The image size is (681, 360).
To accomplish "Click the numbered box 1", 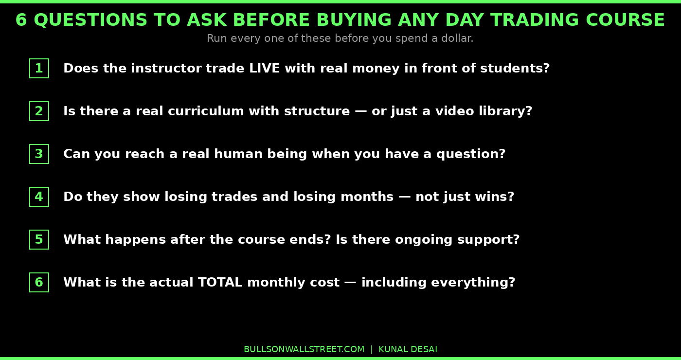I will (x=39, y=69).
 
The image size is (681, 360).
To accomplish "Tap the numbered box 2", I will (x=39, y=111).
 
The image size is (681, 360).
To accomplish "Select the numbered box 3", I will (x=39, y=154).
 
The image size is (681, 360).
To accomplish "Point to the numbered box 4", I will (x=39, y=197).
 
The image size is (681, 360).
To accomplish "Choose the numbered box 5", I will (x=39, y=240).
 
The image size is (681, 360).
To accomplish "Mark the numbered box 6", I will (x=39, y=283).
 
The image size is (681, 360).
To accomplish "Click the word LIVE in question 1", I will (x=264, y=69).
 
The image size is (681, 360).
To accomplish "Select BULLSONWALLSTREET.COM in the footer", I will (x=304, y=349).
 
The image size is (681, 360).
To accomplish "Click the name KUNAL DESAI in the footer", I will (x=408, y=349).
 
